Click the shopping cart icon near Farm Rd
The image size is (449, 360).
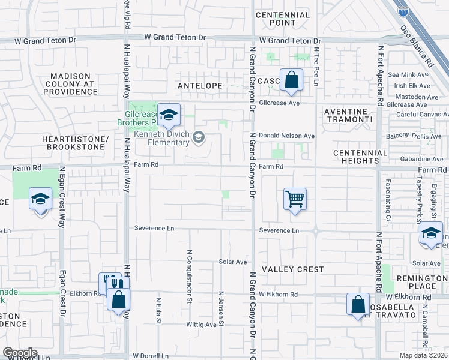coord(295,199)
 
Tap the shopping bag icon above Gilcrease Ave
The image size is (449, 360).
coord(291,80)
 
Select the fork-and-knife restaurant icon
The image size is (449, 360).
coord(109,283)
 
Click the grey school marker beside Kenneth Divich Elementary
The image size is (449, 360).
coord(199,139)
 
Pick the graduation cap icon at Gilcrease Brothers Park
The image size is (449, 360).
coord(169,115)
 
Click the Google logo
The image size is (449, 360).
coord(19,353)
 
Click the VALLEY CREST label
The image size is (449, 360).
coord(293,270)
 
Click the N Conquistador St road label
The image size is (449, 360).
coord(189,271)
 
